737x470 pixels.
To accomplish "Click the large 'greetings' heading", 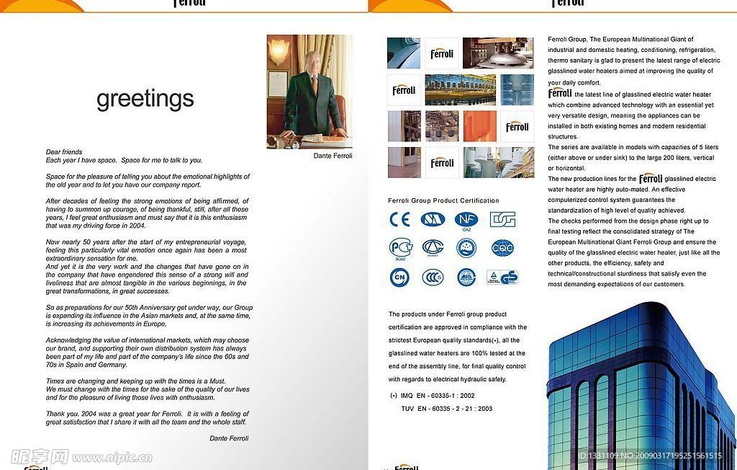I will (x=145, y=99).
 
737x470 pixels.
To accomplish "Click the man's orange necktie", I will (x=315, y=84).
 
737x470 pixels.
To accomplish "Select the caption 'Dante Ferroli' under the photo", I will (x=333, y=156).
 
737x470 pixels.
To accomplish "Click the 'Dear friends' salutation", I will (x=64, y=152).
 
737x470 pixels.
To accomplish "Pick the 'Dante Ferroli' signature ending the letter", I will (x=228, y=438).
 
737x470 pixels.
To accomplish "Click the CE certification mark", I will (x=399, y=219).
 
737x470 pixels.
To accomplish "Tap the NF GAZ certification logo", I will (x=466, y=220).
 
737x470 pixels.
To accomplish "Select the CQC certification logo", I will (x=502, y=248).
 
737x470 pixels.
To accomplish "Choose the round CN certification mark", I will (x=399, y=278).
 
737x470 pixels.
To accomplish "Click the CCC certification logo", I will (x=433, y=278).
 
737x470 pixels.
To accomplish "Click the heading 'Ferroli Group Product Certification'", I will (x=443, y=200).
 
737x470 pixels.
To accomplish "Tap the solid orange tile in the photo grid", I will (x=479, y=126).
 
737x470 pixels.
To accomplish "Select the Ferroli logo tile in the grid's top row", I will (x=442, y=53).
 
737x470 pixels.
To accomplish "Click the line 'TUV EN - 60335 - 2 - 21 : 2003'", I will (x=446, y=409).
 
